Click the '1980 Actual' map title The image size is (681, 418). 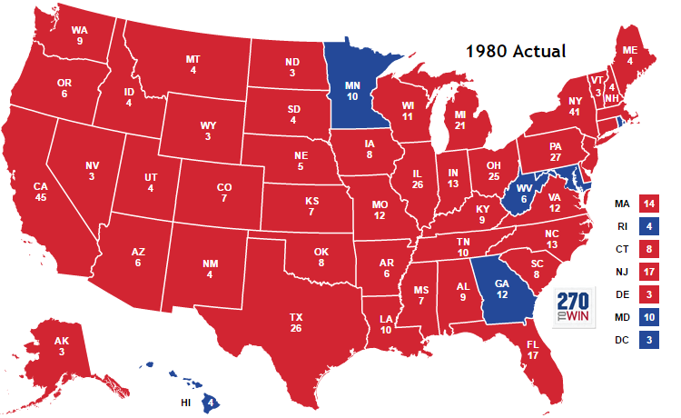point(516,51)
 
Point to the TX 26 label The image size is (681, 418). point(296,322)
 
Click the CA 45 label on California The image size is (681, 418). point(40,193)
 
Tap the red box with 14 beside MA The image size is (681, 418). point(650,205)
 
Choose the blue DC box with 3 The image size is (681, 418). point(650,341)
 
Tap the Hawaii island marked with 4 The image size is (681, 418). point(210,400)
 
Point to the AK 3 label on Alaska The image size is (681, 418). point(61,346)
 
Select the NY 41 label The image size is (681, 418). point(573,104)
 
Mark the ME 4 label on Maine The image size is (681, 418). point(627,56)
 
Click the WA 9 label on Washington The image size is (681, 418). point(80,35)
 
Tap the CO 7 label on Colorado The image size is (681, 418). point(223,194)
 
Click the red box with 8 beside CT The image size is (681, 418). point(650,248)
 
